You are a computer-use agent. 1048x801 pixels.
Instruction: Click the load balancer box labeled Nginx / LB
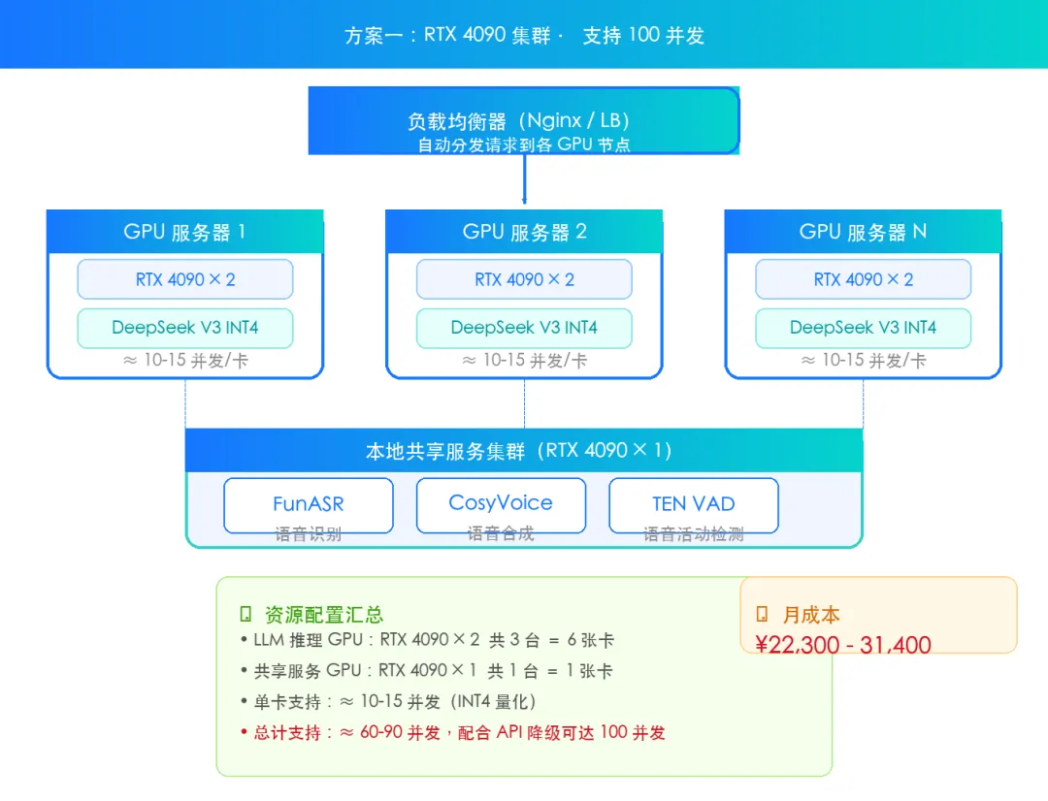pos(524,120)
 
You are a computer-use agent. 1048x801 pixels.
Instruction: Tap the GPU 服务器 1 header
pos(185,231)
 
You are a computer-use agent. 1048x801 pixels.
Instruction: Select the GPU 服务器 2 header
pos(524,231)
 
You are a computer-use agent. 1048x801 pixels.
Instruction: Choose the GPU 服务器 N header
pos(863,231)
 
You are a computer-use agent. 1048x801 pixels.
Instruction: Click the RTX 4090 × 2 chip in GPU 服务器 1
pos(185,279)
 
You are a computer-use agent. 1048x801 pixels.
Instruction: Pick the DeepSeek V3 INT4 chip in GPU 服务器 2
pos(524,328)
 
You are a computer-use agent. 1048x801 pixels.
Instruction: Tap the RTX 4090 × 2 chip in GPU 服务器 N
pos(863,279)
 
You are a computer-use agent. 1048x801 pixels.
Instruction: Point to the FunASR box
pos(309,505)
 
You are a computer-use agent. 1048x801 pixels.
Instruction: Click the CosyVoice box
pos(501,505)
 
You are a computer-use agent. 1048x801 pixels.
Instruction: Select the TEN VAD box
pos(693,505)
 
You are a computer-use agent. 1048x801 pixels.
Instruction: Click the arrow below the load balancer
pos(524,179)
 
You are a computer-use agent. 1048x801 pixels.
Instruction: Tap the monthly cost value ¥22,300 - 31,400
pos(843,645)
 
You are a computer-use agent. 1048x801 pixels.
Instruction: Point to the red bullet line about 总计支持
pos(453,733)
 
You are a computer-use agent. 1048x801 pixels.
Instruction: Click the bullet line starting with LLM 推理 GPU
pos(427,640)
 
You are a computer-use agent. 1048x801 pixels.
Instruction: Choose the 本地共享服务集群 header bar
pos(524,450)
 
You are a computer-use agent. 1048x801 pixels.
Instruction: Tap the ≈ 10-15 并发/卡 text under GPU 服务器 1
pos(185,361)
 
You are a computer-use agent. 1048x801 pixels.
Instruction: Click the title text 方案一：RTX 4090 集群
pos(447,35)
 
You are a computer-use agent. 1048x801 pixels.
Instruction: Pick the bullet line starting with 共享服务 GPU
pos(426,671)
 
